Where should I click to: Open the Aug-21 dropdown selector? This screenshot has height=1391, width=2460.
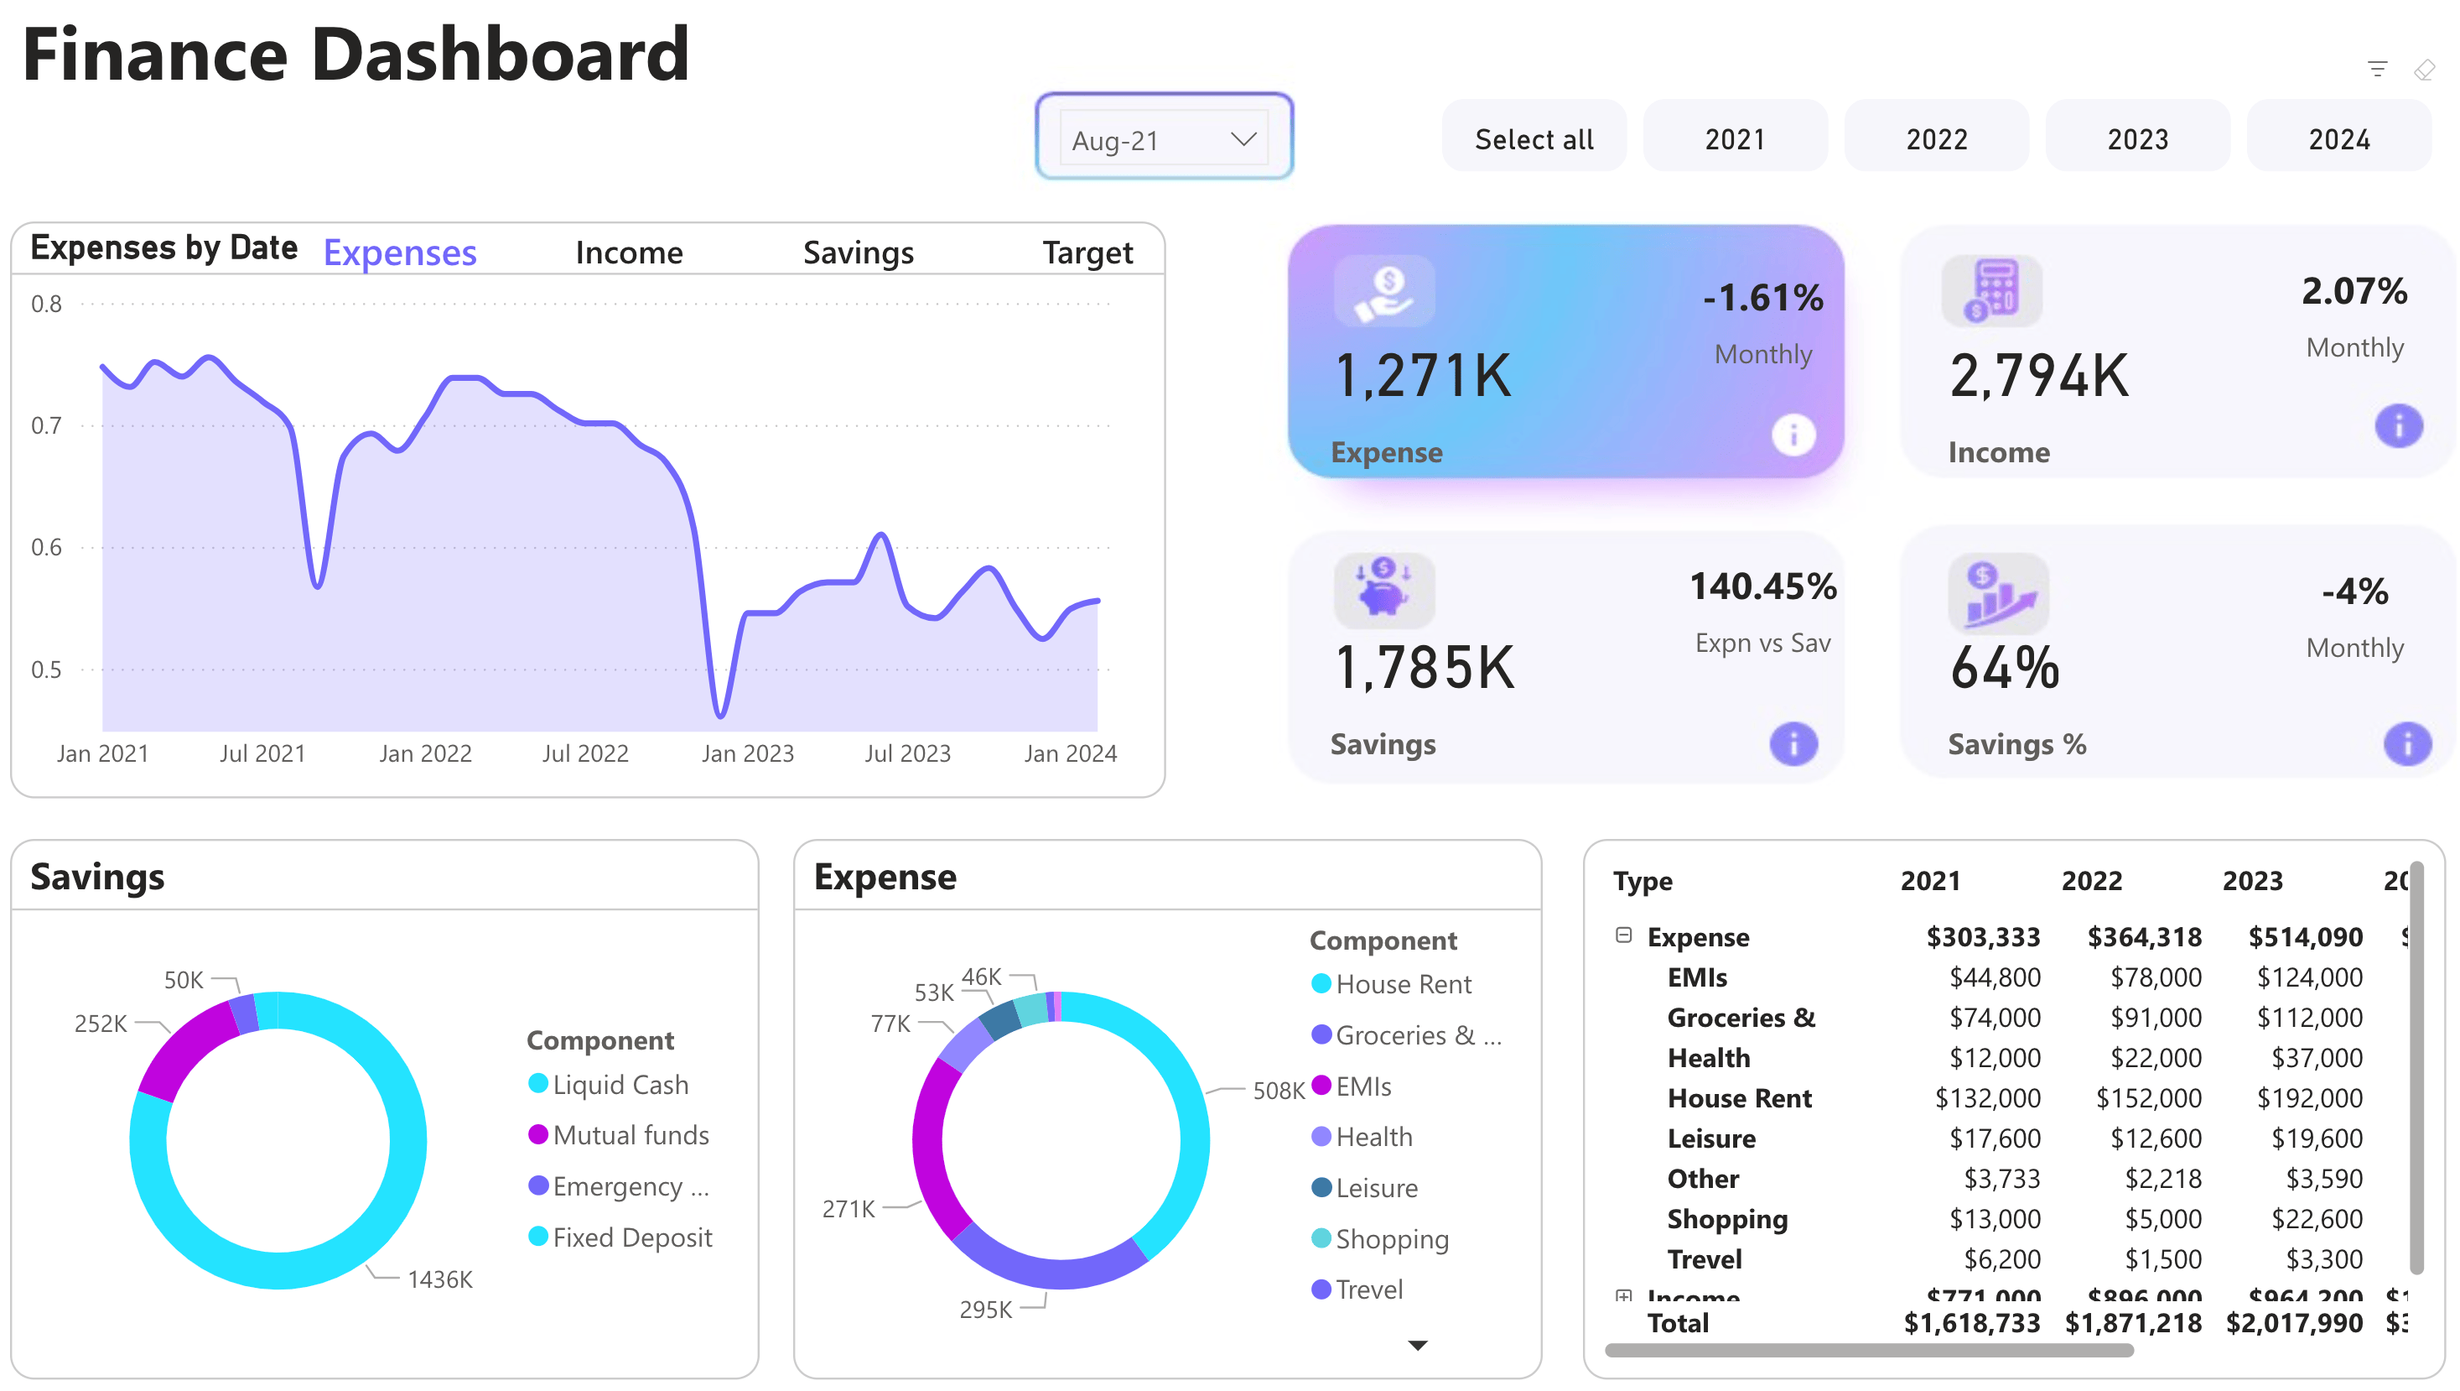pyautogui.click(x=1163, y=140)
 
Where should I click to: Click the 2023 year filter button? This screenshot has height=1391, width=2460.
pyautogui.click(x=2137, y=139)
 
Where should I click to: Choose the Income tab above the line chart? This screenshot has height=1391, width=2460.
pyautogui.click(x=628, y=253)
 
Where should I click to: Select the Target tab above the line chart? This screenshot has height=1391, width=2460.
pyautogui.click(x=1087, y=253)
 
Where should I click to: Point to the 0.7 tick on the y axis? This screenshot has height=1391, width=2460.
pyautogui.click(x=46, y=425)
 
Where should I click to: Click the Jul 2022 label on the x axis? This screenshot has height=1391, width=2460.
pyautogui.click(x=584, y=753)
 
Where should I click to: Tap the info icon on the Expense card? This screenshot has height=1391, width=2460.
pyautogui.click(x=1793, y=435)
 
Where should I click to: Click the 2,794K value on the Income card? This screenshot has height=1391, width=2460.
pyautogui.click(x=2039, y=376)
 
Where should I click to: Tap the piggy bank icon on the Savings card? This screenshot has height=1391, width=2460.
pyautogui.click(x=1383, y=587)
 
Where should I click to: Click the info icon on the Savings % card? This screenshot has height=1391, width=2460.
pyautogui.click(x=2406, y=744)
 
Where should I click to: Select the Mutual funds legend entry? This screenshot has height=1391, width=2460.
pyautogui.click(x=630, y=1135)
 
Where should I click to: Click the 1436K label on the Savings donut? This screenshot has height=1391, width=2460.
pyautogui.click(x=439, y=1279)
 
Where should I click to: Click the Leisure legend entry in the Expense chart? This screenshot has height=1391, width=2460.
pyautogui.click(x=1375, y=1187)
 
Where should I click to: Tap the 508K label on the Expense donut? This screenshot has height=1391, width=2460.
pyautogui.click(x=1278, y=1090)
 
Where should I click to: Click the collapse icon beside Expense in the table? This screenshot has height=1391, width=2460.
pyautogui.click(x=1623, y=935)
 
